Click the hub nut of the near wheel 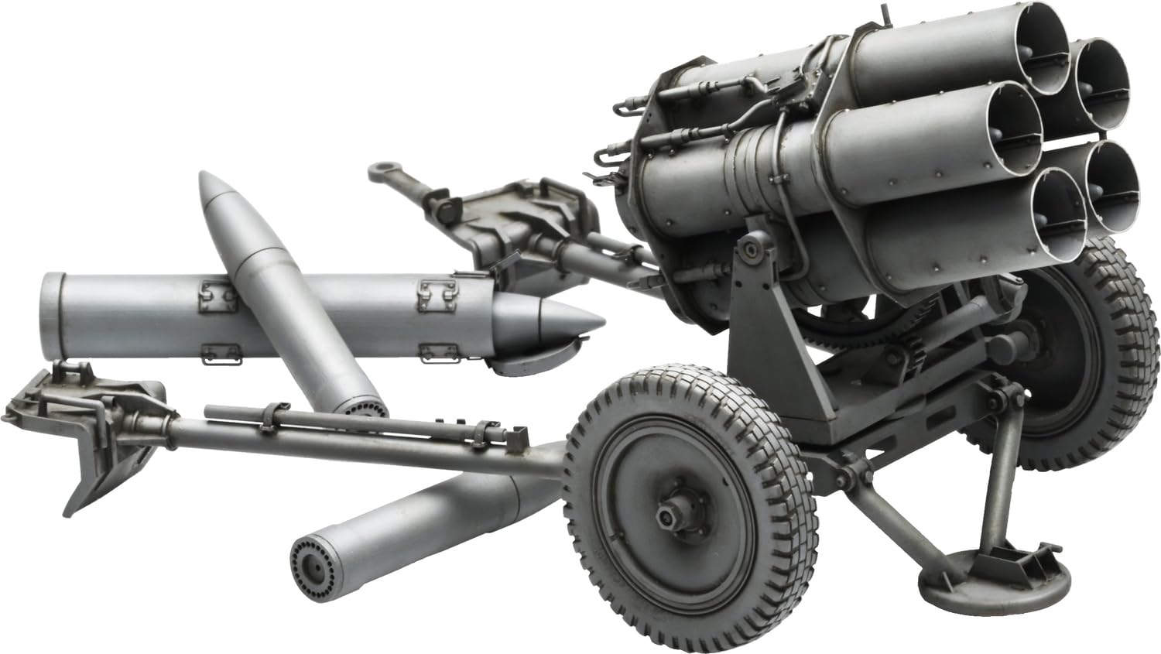click(666, 515)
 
